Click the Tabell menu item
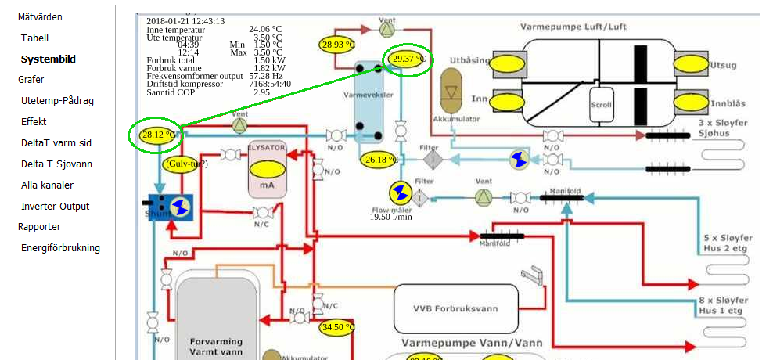(x=34, y=38)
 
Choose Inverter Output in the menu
(x=56, y=207)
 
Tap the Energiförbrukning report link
(x=60, y=248)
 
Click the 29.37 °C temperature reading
(x=408, y=59)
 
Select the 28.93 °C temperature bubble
(x=337, y=45)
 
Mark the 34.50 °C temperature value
(x=337, y=327)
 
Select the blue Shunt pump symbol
(x=180, y=207)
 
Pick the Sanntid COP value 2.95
(x=261, y=92)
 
